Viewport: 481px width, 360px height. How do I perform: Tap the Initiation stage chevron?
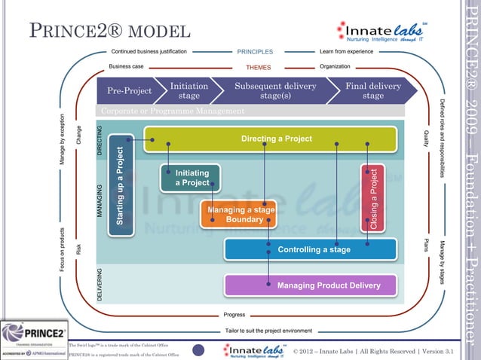185,91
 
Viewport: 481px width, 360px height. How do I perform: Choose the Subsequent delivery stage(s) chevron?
275,91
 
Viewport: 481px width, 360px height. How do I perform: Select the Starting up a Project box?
121,185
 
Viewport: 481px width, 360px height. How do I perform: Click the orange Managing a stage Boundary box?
237,214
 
